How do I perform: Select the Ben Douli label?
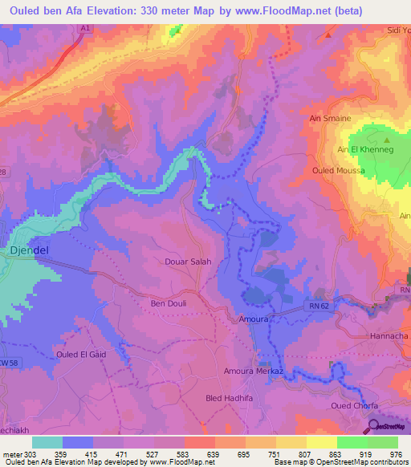coord(169,304)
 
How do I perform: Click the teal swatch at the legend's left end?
coord(47,442)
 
